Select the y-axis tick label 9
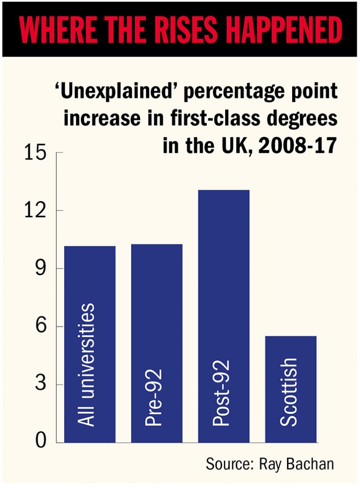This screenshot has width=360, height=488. pos(41,269)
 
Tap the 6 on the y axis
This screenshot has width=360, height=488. pos(41,327)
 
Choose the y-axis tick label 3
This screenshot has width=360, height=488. pos(41,384)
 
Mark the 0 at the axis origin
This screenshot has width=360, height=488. pos(41,442)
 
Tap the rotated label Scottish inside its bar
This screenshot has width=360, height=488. pos(289,392)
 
